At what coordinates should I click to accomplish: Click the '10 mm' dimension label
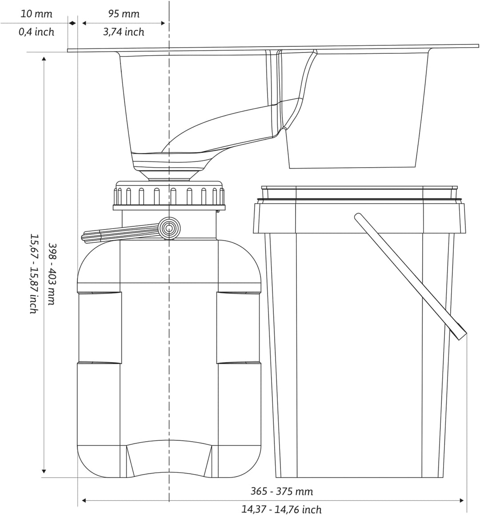pos(36,14)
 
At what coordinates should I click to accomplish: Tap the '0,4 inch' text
pos(36,32)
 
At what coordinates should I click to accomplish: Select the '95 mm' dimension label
pos(124,14)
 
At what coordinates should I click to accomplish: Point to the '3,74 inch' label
pos(124,32)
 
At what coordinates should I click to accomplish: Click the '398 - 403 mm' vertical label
pos(52,274)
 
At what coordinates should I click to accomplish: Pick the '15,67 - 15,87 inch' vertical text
pos(33,274)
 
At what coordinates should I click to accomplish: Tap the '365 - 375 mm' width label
pos(282,492)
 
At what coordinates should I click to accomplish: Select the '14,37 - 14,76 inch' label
pos(282,509)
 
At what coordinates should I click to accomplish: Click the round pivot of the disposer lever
pos(169,228)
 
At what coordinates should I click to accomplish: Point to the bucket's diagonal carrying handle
pos(411,276)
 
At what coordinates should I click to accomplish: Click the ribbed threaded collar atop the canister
pos(169,195)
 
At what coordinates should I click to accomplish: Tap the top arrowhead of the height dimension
pos(44,59)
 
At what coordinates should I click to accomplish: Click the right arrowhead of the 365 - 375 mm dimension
pos(462,501)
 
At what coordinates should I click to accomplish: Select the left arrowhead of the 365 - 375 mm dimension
pos(84,501)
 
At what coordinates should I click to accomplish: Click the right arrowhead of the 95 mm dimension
pos(163,23)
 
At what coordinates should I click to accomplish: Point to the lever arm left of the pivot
pos(120,234)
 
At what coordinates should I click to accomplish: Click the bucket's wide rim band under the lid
pos(359,218)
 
